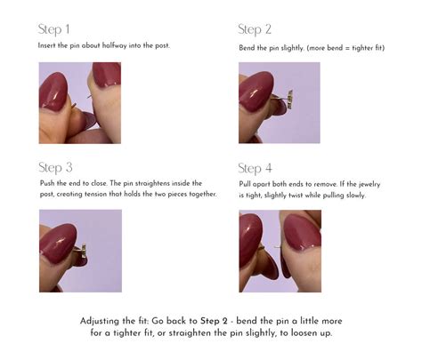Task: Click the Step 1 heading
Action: (x=53, y=29)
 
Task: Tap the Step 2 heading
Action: (x=255, y=29)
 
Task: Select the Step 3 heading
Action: (x=55, y=168)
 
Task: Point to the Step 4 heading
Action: (x=255, y=169)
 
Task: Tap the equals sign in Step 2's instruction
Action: (x=347, y=48)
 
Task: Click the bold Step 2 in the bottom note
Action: (x=214, y=321)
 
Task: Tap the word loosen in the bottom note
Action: (x=304, y=333)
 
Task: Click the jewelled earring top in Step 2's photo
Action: (x=290, y=100)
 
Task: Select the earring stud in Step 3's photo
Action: (x=81, y=252)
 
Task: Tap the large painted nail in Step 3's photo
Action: (x=58, y=244)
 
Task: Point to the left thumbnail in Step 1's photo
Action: (x=53, y=92)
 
